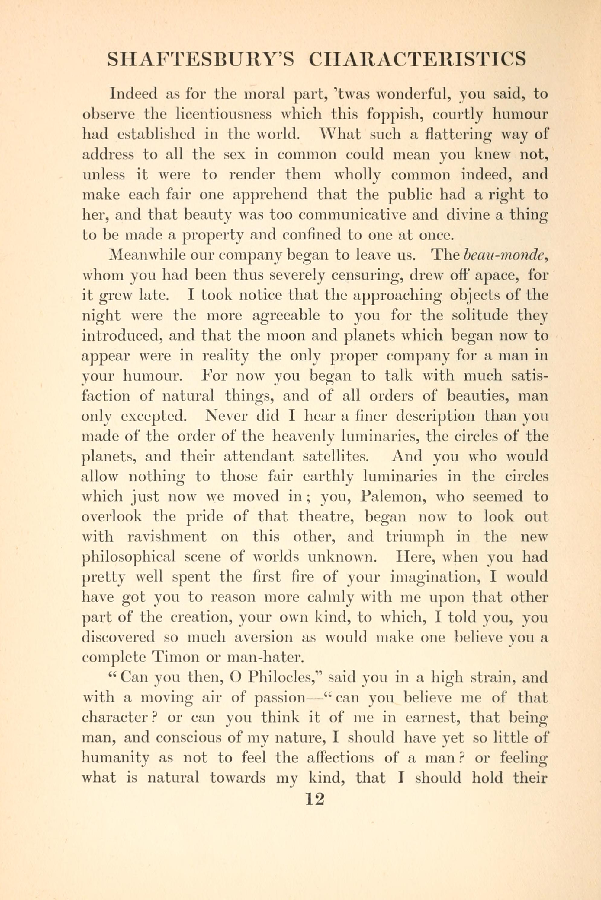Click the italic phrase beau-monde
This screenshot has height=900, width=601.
(x=504, y=255)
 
